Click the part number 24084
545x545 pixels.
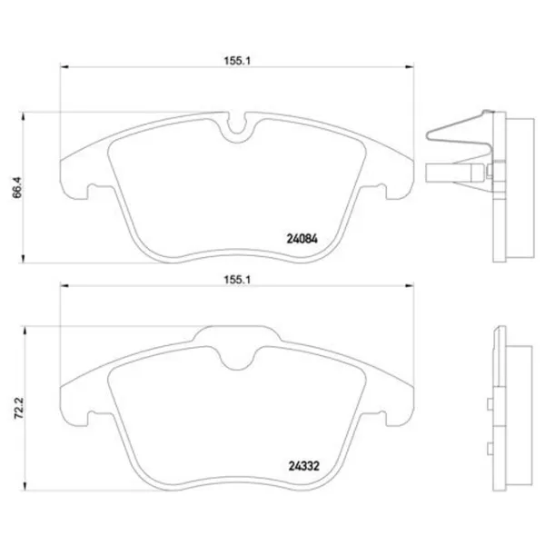click(x=302, y=239)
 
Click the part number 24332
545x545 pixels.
click(x=303, y=466)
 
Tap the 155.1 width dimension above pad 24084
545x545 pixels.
click(x=237, y=61)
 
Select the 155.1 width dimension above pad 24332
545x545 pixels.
click(x=237, y=280)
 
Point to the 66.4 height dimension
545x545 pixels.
click(x=17, y=187)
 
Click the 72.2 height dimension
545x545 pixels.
click(x=19, y=408)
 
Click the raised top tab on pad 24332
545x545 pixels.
click(x=237, y=333)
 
